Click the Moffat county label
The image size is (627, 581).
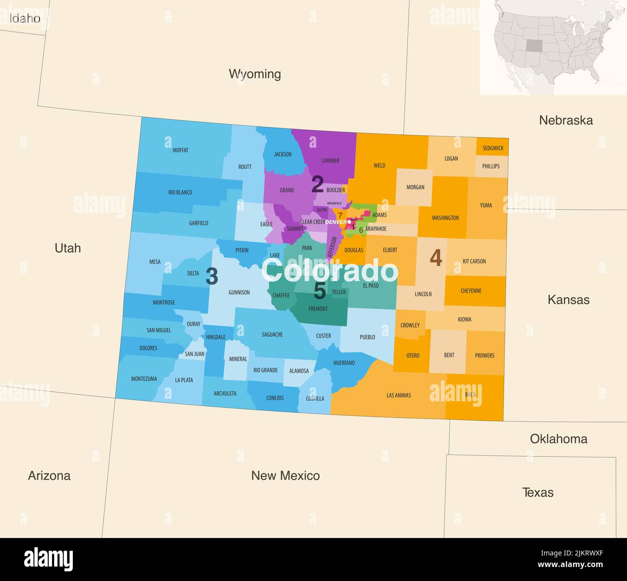pyautogui.click(x=180, y=150)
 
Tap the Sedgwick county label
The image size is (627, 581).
pyautogui.click(x=493, y=148)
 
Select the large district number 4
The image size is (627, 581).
pyautogui.click(x=436, y=258)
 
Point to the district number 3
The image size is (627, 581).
pyautogui.click(x=212, y=276)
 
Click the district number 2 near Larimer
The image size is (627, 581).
pyautogui.click(x=317, y=184)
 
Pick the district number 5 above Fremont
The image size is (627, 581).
pyautogui.click(x=320, y=291)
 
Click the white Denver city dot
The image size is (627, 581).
pyautogui.click(x=349, y=222)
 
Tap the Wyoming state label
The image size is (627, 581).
pyautogui.click(x=255, y=74)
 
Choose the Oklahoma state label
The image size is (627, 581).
pyautogui.click(x=559, y=439)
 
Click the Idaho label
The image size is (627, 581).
pyautogui.click(x=25, y=19)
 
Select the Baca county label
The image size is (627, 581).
pyautogui.click(x=470, y=395)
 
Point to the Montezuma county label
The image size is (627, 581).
pyautogui.click(x=144, y=379)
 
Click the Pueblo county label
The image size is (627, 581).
pyautogui.click(x=367, y=337)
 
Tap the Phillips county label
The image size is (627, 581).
pyautogui.click(x=491, y=166)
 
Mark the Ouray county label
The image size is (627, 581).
pyautogui.click(x=193, y=324)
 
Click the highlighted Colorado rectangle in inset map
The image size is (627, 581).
pyautogui.click(x=534, y=45)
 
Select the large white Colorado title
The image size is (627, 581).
pyautogui.click(x=330, y=271)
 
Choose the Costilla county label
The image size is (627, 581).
pyautogui.click(x=315, y=398)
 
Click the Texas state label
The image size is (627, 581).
pyautogui.click(x=538, y=493)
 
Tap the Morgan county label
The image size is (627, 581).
pyautogui.click(x=415, y=187)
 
